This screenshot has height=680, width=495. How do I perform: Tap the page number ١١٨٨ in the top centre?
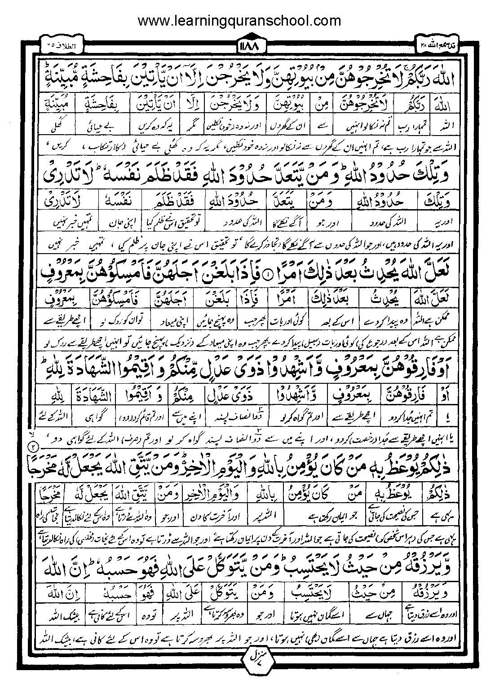pos(247,46)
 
